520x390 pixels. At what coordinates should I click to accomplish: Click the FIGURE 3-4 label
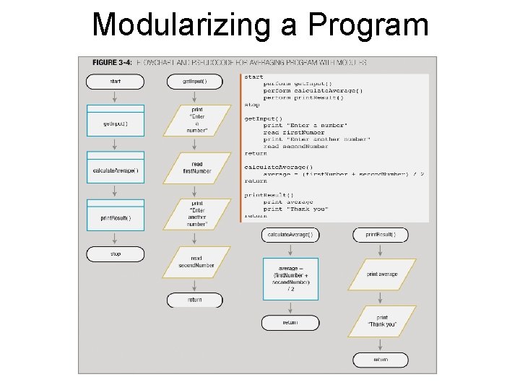coord(108,62)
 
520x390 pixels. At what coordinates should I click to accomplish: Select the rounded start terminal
coord(115,82)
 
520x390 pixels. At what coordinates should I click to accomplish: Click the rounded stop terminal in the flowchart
coord(115,254)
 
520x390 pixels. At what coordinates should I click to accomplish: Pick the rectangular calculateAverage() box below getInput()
coord(115,170)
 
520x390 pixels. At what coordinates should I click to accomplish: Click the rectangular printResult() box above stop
coord(115,217)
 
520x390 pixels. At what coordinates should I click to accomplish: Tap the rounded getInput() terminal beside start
coord(196,82)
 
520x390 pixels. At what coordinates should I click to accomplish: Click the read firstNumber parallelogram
coord(196,168)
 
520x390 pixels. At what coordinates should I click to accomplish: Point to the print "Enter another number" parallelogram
coord(196,214)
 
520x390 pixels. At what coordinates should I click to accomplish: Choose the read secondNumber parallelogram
coord(196,261)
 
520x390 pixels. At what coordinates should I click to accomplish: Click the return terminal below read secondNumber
coord(195,300)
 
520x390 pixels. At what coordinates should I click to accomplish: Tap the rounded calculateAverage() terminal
coord(290,235)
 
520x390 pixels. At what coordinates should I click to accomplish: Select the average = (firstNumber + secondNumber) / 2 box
coord(290,278)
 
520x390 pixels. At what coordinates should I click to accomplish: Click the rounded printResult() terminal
coord(381,235)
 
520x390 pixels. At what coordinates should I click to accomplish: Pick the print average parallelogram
coord(381,274)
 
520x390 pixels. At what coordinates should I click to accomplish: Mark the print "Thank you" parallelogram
coord(382,321)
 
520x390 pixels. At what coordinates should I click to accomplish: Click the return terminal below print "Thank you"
coord(381,360)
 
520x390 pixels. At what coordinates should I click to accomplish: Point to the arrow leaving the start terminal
coord(115,97)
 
